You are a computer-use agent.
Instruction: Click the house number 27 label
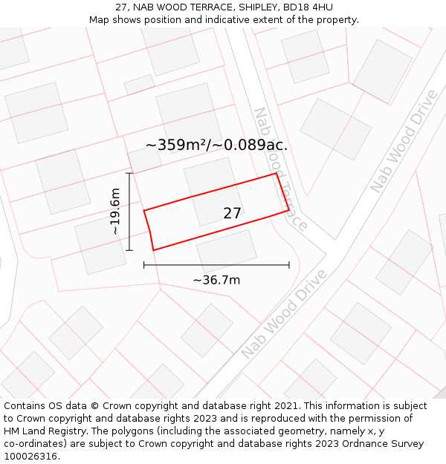(x=232, y=214)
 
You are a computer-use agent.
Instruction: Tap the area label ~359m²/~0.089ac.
(x=216, y=146)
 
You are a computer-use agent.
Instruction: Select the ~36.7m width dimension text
(x=216, y=280)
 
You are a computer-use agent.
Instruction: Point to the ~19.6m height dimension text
(x=115, y=212)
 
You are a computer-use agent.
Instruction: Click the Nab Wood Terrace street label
(x=280, y=169)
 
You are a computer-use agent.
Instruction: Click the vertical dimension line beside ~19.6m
(x=129, y=212)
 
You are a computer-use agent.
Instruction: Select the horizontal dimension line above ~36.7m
(x=216, y=264)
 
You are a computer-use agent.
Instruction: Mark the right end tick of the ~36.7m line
(x=289, y=264)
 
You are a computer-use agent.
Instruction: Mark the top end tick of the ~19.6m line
(x=129, y=174)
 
